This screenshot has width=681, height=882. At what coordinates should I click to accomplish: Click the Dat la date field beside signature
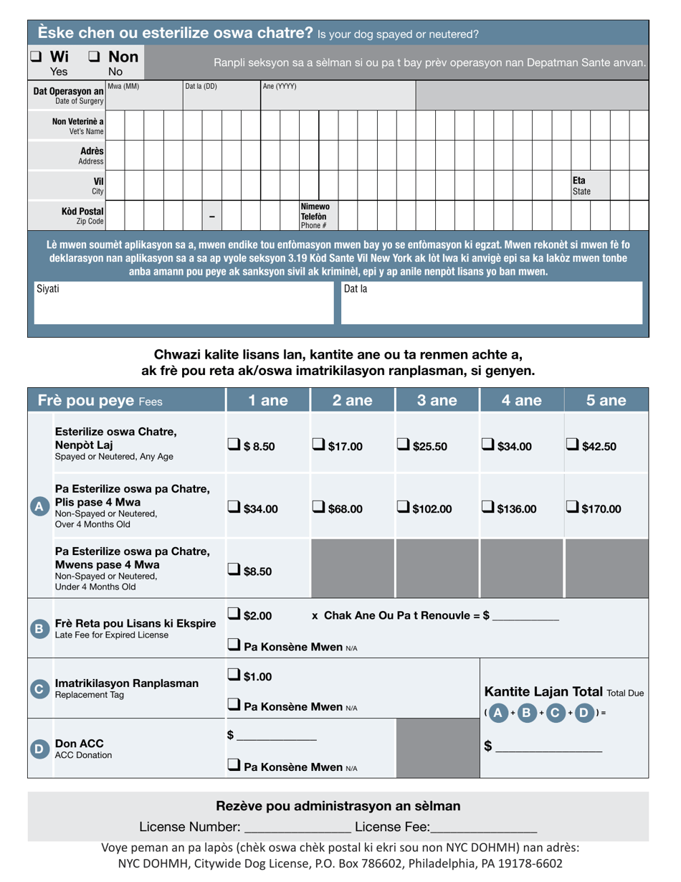click(491, 303)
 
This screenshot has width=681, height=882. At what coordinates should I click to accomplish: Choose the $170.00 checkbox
click(573, 508)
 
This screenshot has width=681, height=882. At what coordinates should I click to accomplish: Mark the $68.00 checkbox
click(319, 508)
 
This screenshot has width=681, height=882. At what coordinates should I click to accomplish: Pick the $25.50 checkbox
click(404, 446)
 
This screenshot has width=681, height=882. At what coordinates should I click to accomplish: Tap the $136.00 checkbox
click(488, 508)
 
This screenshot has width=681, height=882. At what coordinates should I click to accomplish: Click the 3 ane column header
click(437, 401)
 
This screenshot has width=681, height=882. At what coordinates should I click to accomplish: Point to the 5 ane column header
click(606, 401)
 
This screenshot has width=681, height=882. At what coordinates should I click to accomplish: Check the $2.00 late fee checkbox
click(234, 614)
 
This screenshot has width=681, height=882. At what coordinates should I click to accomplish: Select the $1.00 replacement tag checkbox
click(234, 675)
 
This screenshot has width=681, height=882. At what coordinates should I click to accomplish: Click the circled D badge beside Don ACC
click(39, 749)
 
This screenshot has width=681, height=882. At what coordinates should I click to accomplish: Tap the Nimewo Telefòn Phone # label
click(314, 216)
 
